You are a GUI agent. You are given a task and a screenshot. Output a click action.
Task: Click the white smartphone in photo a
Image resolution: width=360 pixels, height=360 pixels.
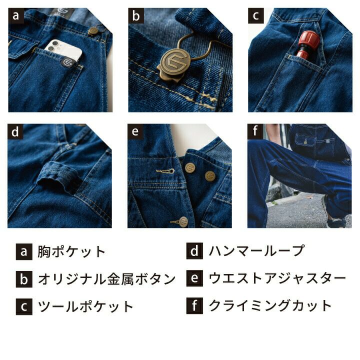click(x=63, y=51)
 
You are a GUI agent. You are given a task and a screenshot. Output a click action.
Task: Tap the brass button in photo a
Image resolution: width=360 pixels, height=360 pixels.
click(x=93, y=31)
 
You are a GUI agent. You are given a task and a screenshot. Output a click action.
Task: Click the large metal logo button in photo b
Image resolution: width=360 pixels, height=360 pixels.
click(x=175, y=63)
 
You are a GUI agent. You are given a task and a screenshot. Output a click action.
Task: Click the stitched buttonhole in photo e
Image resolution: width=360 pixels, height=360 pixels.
click(x=165, y=171)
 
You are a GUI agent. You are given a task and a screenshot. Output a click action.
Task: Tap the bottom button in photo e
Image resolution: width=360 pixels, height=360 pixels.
click(x=183, y=221)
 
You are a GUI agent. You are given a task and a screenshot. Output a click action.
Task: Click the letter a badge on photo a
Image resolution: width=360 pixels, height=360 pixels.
click(x=16, y=16)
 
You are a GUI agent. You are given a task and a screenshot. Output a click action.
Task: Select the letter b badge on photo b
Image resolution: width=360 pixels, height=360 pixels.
click(x=136, y=16)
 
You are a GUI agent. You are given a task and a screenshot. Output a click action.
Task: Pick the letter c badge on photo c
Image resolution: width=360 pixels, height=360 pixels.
click(x=256, y=16)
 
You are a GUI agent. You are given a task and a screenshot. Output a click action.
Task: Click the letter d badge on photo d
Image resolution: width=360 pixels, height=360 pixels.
click(x=15, y=132)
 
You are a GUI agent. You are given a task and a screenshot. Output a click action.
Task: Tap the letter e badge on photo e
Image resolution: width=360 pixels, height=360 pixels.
click(x=135, y=132)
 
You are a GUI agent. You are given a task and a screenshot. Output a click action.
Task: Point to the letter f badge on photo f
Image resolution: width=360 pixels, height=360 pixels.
click(x=255, y=131)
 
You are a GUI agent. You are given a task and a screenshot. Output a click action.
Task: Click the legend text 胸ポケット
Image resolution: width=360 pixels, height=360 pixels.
click(x=71, y=251)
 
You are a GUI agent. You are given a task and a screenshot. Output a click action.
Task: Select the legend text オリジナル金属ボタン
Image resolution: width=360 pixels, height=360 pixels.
click(x=107, y=279)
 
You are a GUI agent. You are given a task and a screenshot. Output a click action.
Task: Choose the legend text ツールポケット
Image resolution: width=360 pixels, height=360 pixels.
click(x=85, y=306)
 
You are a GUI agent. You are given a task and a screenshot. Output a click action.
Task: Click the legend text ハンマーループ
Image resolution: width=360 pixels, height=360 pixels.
click(x=256, y=250)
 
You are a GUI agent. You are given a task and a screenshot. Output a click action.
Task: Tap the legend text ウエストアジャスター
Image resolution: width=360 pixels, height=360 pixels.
click(x=277, y=278)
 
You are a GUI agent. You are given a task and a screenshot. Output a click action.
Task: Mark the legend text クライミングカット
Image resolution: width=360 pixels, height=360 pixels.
click(x=270, y=305)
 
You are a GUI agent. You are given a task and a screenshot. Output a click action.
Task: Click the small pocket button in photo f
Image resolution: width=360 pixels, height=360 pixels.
click(x=305, y=142)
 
